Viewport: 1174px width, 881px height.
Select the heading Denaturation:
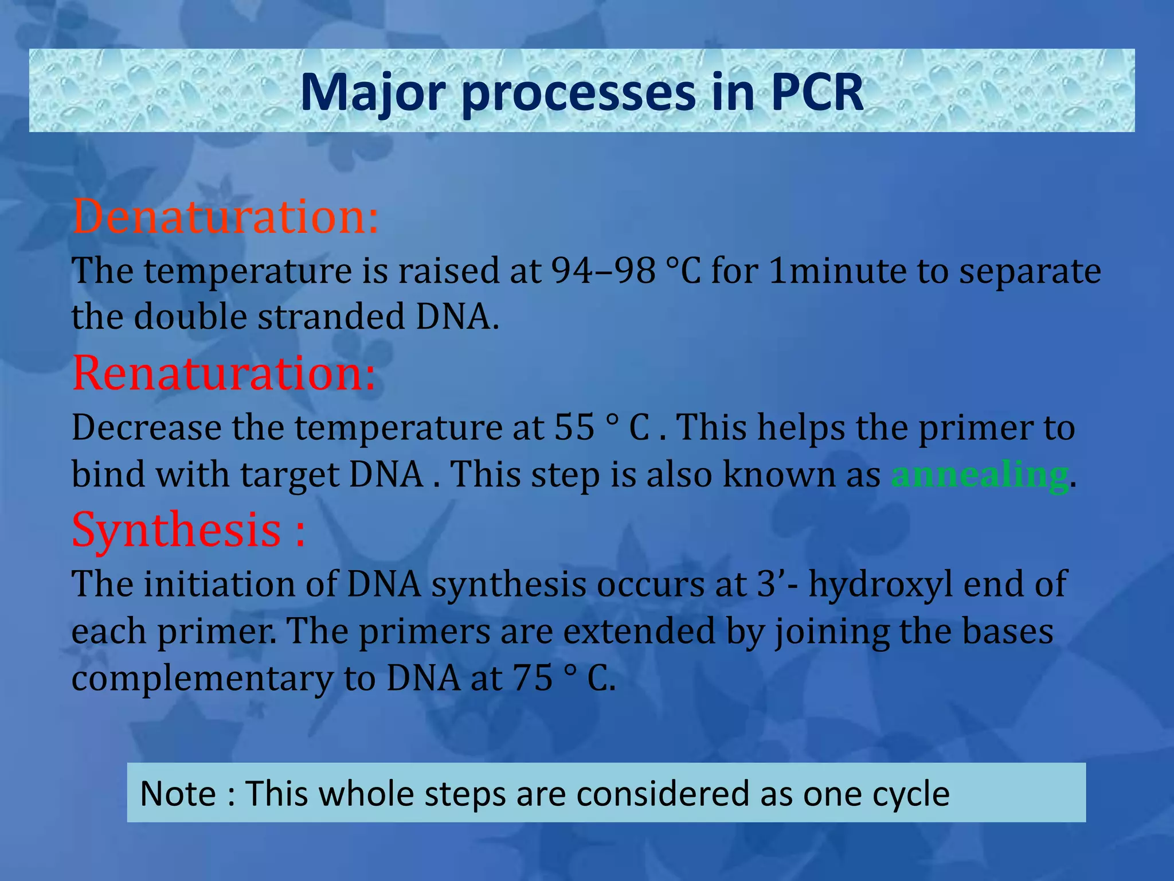[225, 217]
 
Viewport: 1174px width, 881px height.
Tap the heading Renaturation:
[224, 373]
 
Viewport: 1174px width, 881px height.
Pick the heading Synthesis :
[188, 529]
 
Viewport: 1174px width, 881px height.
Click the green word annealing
[979, 475]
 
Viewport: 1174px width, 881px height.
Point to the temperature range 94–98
[603, 271]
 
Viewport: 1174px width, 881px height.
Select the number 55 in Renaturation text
[574, 427]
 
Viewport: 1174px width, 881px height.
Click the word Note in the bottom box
[178, 794]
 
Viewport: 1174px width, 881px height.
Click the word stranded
[331, 317]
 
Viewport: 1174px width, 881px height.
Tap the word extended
[639, 631]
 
